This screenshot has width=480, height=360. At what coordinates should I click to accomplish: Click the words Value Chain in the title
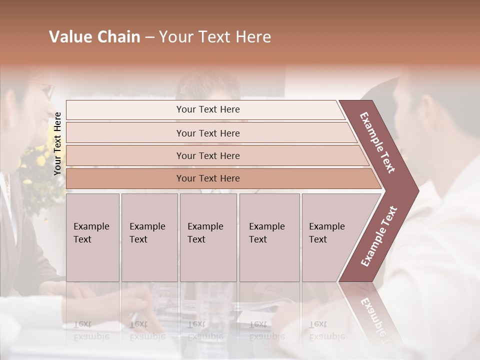94,37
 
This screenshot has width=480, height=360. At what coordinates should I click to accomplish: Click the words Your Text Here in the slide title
215,37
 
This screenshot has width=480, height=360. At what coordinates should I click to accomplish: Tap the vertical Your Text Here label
57,143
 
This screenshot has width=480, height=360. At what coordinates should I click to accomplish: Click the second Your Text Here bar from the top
208,133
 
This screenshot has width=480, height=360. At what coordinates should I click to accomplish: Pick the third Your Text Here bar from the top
208,155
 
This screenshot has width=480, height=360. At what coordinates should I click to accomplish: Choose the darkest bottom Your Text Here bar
208,178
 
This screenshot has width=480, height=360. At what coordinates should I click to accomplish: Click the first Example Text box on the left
92,237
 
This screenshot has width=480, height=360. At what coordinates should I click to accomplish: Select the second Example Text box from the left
149,237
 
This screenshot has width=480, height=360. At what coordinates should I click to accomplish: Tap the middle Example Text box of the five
208,237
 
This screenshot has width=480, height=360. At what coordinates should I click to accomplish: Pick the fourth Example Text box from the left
269,237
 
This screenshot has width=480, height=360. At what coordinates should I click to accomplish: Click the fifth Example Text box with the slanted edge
330,237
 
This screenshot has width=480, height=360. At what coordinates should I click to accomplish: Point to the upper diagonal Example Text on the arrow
378,142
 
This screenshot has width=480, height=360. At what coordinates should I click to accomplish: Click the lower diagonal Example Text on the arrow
379,236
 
